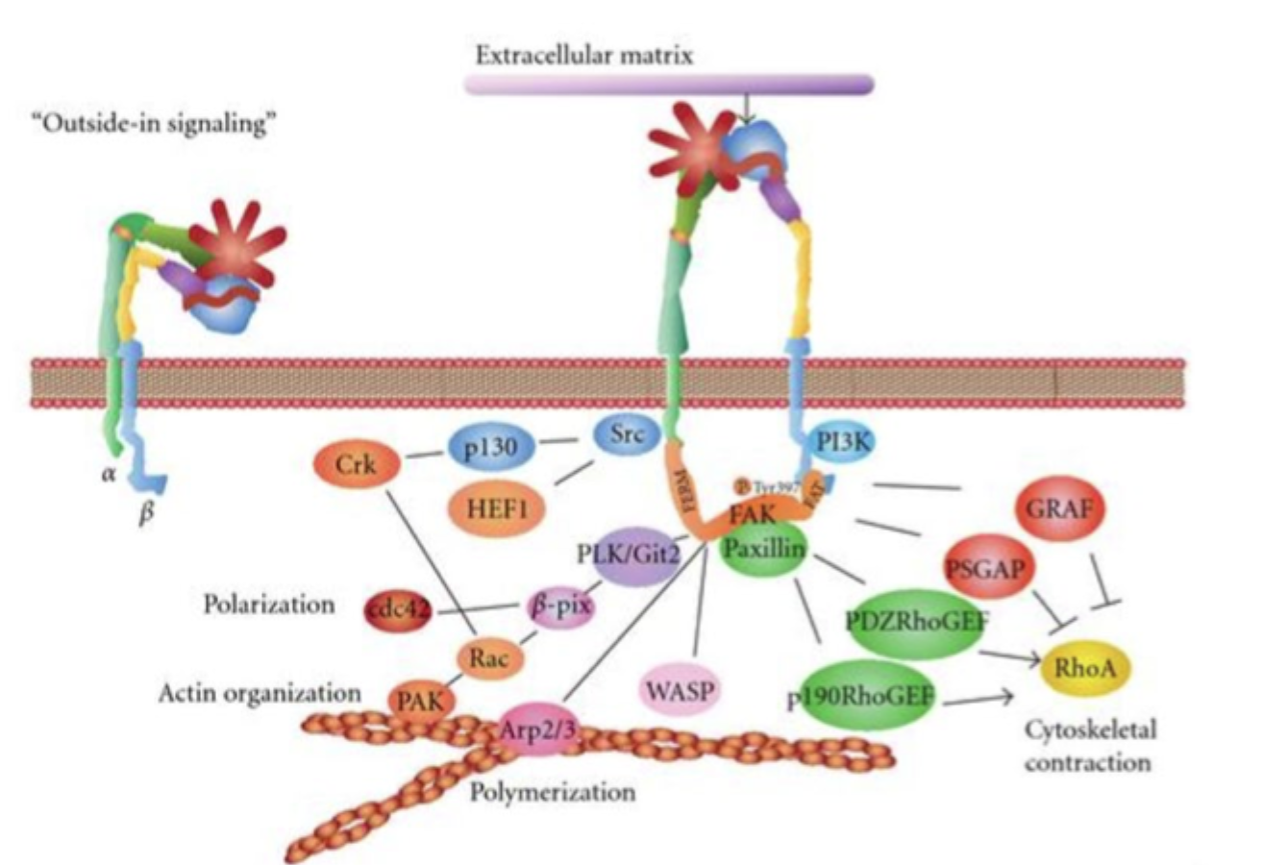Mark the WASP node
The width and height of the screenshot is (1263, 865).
(x=681, y=690)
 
